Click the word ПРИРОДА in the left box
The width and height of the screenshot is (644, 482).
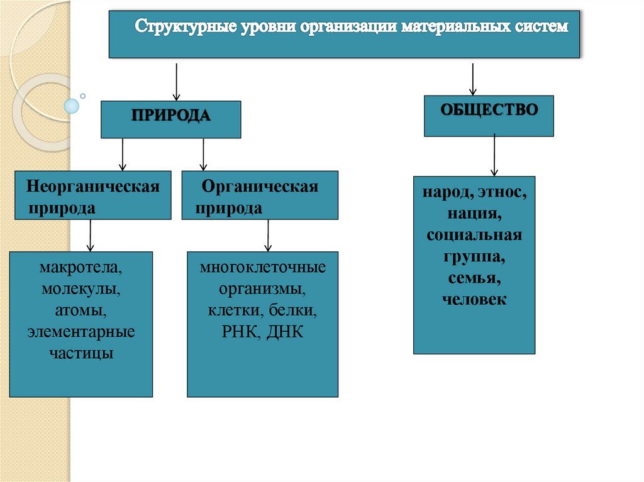pyautogui.click(x=170, y=116)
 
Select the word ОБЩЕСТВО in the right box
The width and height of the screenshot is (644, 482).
pyautogui.click(x=489, y=109)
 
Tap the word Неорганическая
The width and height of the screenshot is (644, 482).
pyautogui.click(x=92, y=187)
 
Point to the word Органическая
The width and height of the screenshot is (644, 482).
pyautogui.click(x=260, y=187)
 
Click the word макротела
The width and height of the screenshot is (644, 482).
pyautogui.click(x=80, y=268)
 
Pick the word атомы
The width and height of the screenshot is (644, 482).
pyautogui.click(x=80, y=310)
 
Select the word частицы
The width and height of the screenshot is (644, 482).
pyautogui.click(x=80, y=353)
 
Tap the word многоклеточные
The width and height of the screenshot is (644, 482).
pyautogui.click(x=263, y=268)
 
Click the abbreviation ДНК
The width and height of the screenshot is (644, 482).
pyautogui.click(x=285, y=332)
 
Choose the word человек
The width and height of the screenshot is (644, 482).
pyautogui.click(x=474, y=300)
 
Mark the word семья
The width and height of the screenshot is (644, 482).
pyautogui.click(x=474, y=278)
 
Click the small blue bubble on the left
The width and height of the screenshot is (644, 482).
pyautogui.click(x=72, y=106)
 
